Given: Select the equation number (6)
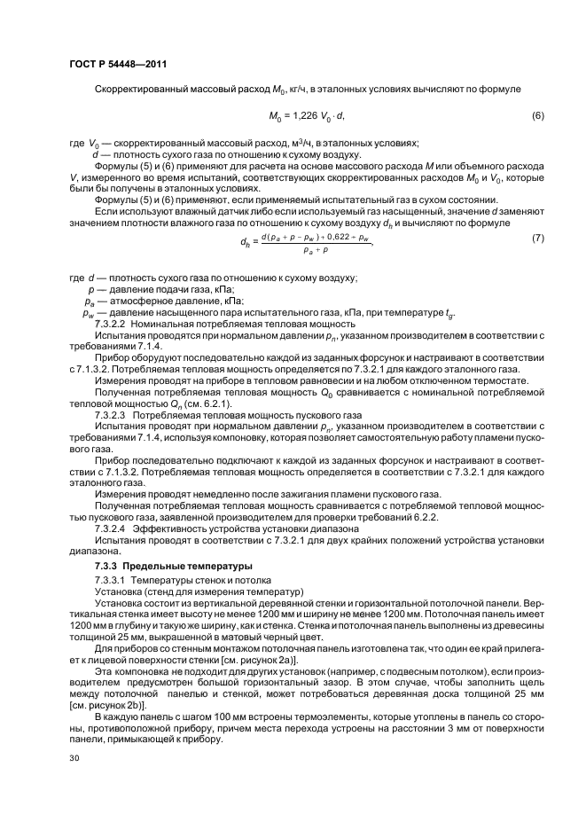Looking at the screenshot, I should point(537,116).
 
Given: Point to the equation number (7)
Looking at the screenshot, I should point(537,239).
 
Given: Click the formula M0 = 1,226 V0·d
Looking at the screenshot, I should point(306,116).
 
